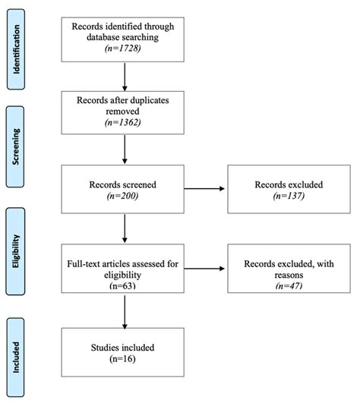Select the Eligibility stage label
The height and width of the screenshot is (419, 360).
tap(19, 247)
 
